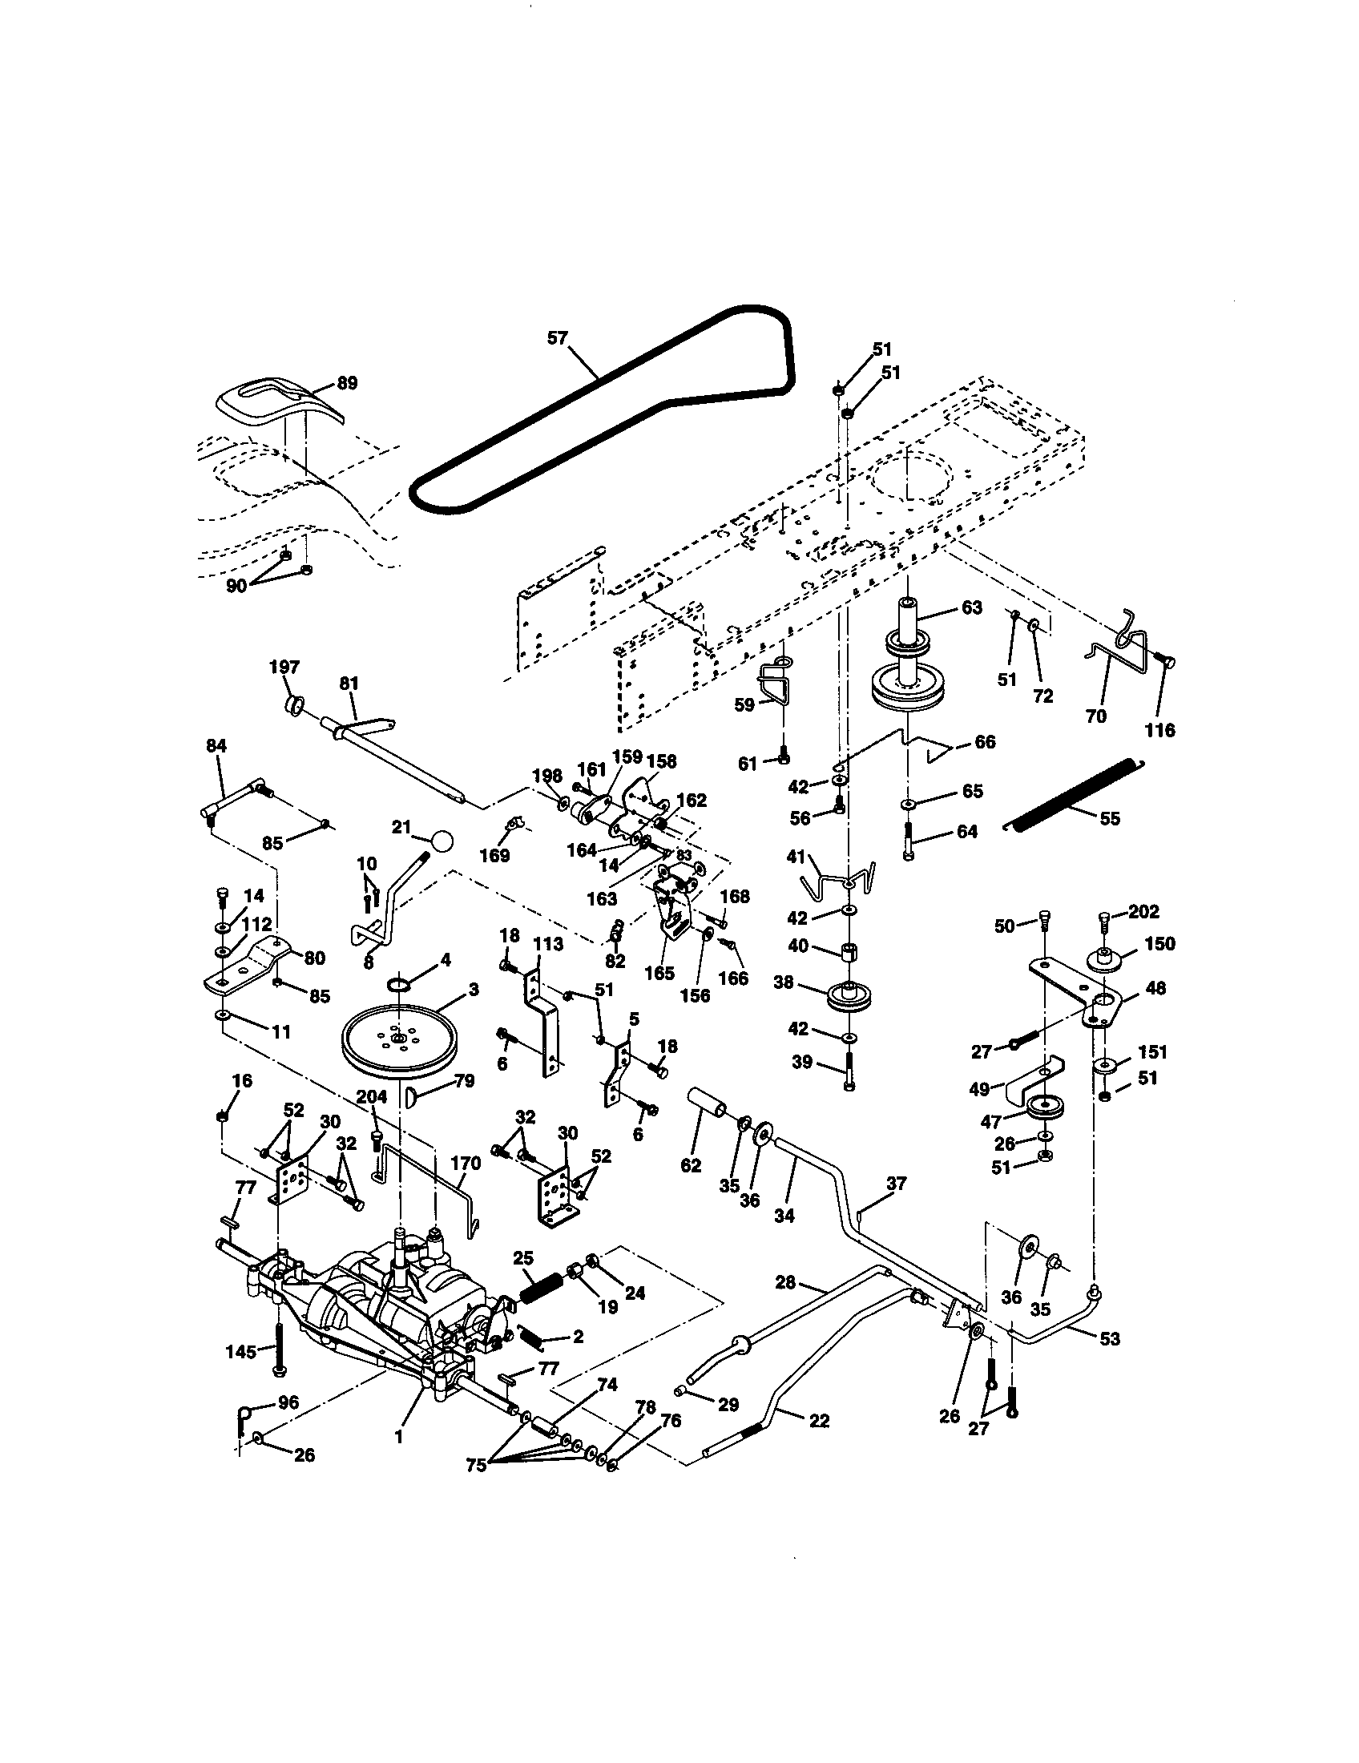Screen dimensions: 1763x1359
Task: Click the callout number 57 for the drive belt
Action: click(x=558, y=337)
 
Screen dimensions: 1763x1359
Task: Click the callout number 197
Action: click(x=284, y=667)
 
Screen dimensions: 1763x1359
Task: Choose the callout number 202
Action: click(x=1143, y=911)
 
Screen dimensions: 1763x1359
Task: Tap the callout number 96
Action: click(x=288, y=1403)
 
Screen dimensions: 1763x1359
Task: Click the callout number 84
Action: click(x=216, y=747)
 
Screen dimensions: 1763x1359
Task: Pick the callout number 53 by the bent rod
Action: click(x=1110, y=1338)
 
